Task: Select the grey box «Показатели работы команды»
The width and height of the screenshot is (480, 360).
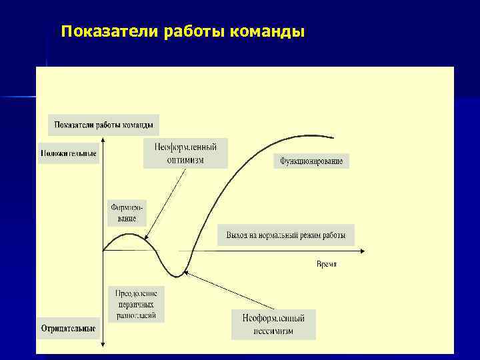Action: [103, 125]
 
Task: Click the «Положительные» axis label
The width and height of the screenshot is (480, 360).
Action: [68, 153]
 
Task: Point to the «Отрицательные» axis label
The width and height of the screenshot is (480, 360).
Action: [68, 328]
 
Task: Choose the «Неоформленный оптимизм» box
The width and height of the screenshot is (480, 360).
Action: [185, 153]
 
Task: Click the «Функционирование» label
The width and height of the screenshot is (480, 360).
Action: [311, 161]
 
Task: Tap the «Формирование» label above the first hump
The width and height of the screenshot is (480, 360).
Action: [124, 212]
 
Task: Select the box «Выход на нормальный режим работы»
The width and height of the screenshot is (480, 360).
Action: [285, 235]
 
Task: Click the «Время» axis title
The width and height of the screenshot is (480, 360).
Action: [326, 264]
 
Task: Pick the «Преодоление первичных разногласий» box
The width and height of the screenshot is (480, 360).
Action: [135, 304]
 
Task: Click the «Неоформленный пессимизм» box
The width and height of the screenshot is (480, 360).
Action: [273, 324]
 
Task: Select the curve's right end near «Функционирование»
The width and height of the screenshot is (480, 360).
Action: [332, 137]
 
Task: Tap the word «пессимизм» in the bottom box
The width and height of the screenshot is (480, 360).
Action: [273, 331]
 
